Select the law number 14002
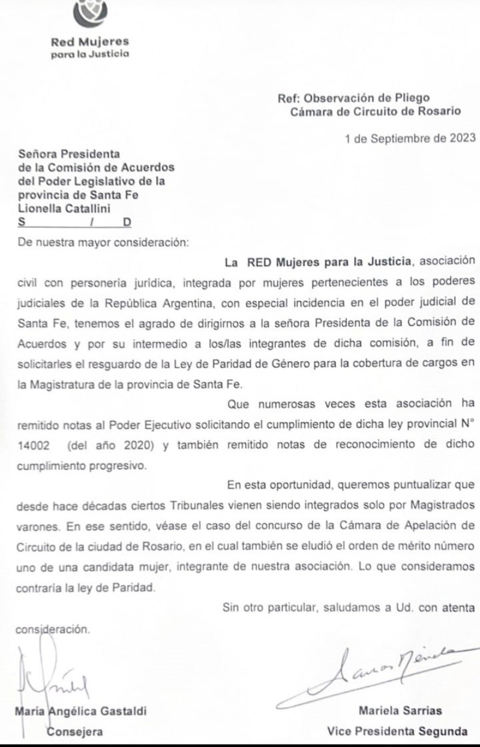pos(34,445)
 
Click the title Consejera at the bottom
pos(76,731)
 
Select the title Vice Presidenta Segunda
pos(397,731)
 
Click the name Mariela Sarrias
pos(400,711)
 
